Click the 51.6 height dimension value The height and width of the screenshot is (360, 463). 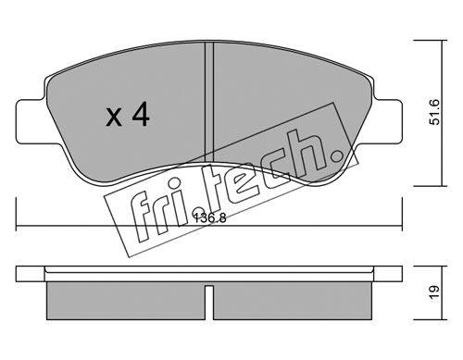point(435,111)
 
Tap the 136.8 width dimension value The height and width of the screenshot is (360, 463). point(210,218)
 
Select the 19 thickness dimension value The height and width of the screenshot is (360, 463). point(434,292)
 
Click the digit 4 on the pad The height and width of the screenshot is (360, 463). point(141,115)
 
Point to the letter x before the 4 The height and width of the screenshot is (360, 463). point(114,118)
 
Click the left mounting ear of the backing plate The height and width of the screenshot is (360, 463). point(30,121)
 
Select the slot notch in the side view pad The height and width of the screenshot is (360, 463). point(209,303)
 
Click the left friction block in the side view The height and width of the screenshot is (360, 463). point(126,301)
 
